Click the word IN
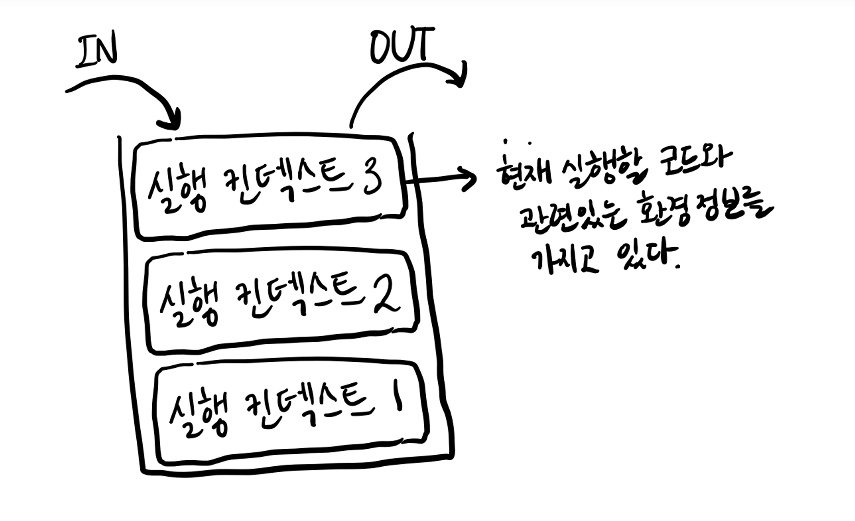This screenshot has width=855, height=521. click(x=97, y=52)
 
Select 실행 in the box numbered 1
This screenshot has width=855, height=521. click(x=198, y=413)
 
